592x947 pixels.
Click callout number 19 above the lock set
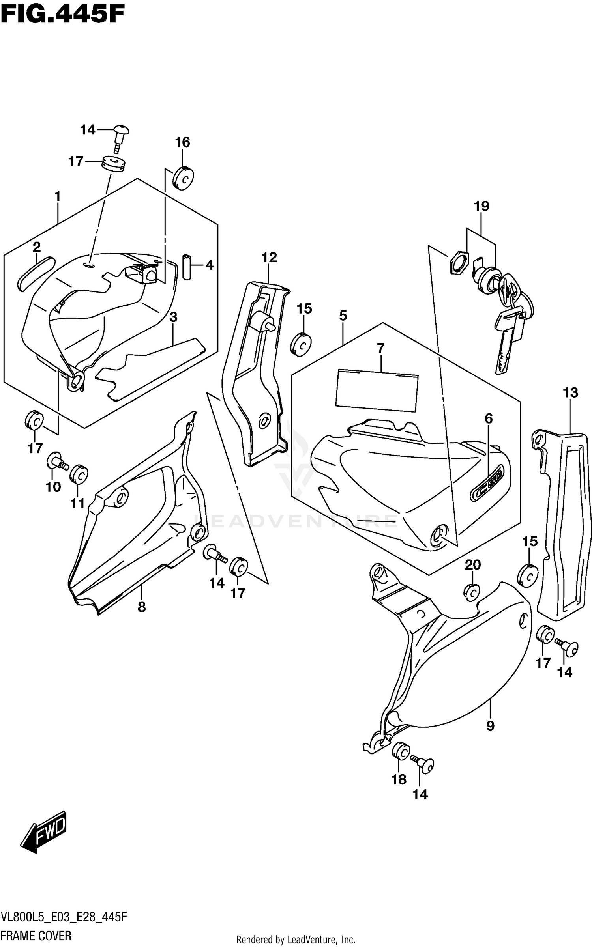tap(481, 206)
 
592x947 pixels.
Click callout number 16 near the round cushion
tap(182, 142)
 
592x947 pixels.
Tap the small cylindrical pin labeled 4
tap(187, 267)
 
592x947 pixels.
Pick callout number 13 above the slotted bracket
tap(570, 393)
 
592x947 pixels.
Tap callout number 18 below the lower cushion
tap(399, 779)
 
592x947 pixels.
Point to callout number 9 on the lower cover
tap(490, 726)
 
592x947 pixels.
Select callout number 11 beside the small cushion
tap(78, 503)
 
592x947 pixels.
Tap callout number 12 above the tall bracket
tap(269, 258)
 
